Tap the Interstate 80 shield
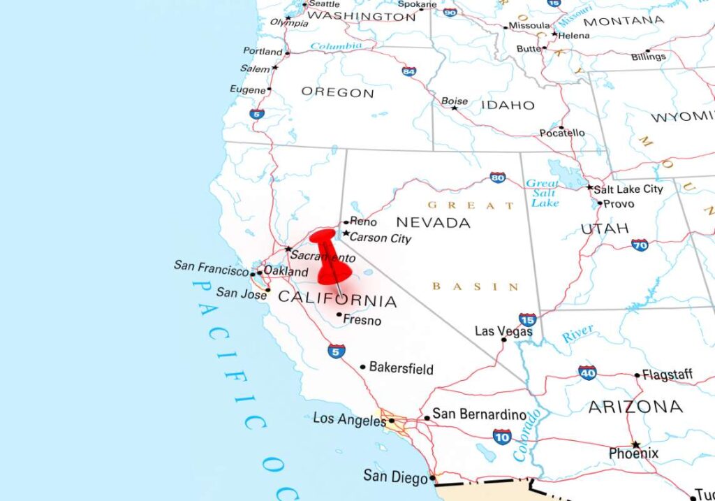(x=498, y=177)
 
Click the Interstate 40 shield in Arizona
(x=587, y=372)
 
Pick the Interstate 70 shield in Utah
(x=640, y=245)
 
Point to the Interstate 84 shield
(x=409, y=71)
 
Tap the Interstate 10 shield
(x=501, y=437)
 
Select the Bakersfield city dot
(x=362, y=367)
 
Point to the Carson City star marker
(x=346, y=233)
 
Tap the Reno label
(x=363, y=222)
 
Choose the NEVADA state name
(x=433, y=223)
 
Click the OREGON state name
(x=337, y=92)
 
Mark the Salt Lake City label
(x=628, y=189)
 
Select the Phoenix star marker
(x=635, y=444)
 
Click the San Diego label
(x=395, y=477)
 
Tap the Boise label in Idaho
(x=455, y=101)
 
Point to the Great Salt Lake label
(x=544, y=193)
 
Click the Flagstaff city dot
(x=637, y=375)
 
